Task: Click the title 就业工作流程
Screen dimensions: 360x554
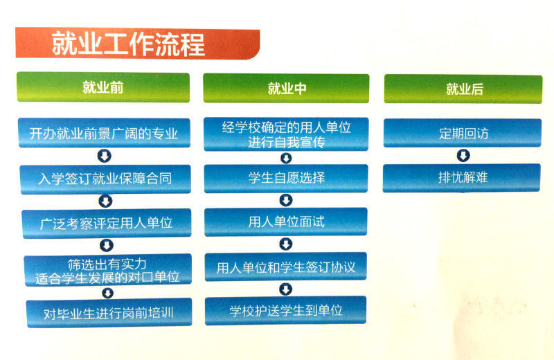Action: (x=129, y=44)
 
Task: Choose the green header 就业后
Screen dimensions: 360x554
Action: (x=463, y=89)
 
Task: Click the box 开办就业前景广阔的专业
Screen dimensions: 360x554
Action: (x=104, y=134)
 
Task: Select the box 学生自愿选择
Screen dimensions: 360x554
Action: (x=286, y=178)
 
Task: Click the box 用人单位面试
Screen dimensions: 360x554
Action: (x=286, y=222)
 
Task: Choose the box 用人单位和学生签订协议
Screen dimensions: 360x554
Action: (x=286, y=267)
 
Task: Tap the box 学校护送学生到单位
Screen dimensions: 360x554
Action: (x=286, y=310)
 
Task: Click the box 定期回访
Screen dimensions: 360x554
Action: (x=463, y=134)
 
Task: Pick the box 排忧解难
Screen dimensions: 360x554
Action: (x=462, y=177)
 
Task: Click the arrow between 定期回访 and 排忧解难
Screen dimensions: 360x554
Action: (x=463, y=156)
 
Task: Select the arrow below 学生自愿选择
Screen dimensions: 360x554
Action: (x=286, y=200)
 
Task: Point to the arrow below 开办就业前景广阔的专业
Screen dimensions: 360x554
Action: (x=105, y=156)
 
